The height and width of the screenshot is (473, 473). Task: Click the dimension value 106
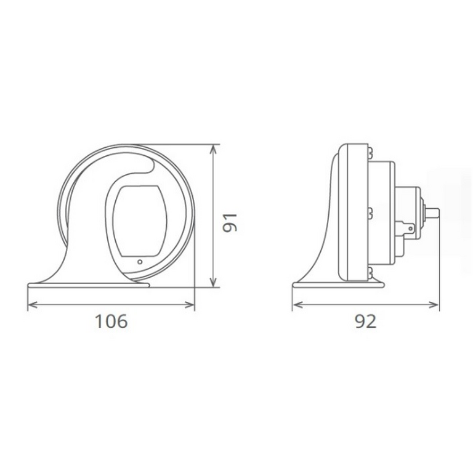click(x=111, y=321)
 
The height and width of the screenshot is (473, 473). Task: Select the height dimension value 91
click(x=230, y=222)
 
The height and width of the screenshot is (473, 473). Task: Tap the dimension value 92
click(x=365, y=321)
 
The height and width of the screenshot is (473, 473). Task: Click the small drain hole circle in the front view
click(x=140, y=262)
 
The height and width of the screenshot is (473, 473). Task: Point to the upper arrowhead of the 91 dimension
click(x=213, y=148)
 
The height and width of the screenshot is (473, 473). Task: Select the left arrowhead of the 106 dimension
click(x=32, y=305)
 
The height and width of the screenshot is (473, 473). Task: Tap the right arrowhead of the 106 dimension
click(x=190, y=305)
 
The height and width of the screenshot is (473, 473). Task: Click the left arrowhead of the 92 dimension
click(x=297, y=305)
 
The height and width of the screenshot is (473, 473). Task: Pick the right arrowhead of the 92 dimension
click(x=434, y=305)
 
